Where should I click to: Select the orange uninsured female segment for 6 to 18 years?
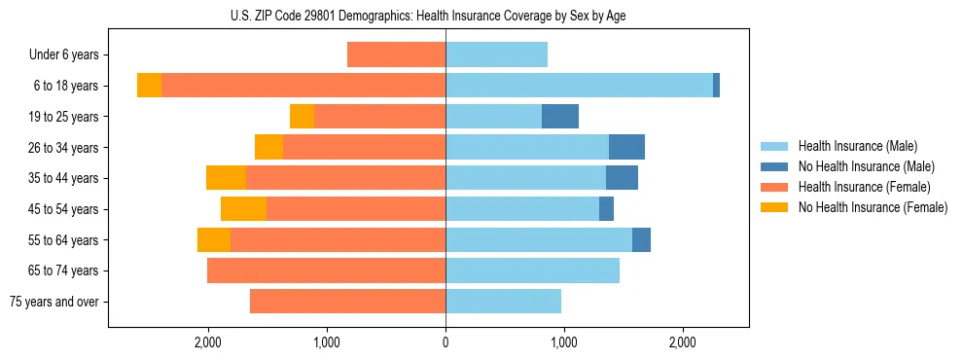(149, 86)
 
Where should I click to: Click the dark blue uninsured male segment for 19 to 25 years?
(560, 117)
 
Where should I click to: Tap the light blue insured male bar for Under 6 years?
(496, 55)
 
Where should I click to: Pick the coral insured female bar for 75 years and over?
(347, 302)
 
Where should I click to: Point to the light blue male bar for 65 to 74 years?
(532, 270)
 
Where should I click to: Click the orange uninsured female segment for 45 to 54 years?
(243, 209)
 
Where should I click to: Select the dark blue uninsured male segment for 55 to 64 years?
(641, 240)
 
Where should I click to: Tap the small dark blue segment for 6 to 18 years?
(716, 86)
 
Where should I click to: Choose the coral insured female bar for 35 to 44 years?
(345, 178)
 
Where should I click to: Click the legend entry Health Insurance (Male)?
(857, 146)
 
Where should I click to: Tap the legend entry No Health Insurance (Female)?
(873, 207)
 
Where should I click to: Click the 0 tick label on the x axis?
(446, 342)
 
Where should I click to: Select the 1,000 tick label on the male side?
(563, 342)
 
